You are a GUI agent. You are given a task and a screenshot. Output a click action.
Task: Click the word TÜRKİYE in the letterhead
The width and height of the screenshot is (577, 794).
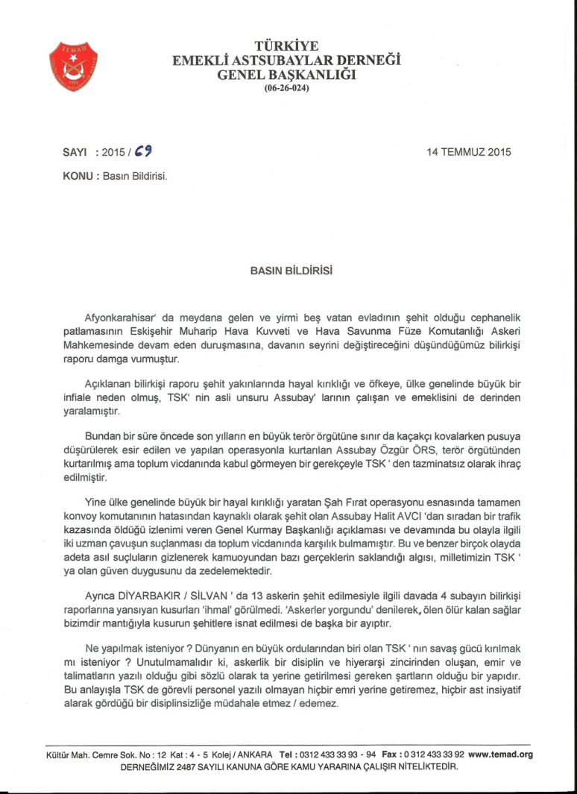(x=287, y=46)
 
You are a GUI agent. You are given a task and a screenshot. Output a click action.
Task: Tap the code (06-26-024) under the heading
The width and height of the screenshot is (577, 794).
(x=287, y=87)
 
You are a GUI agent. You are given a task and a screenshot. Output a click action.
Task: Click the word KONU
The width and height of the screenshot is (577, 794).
(x=77, y=177)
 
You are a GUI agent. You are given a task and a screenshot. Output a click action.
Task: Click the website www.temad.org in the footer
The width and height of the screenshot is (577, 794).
(x=500, y=754)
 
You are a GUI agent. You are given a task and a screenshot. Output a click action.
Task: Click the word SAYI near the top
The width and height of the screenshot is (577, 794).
(x=76, y=152)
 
